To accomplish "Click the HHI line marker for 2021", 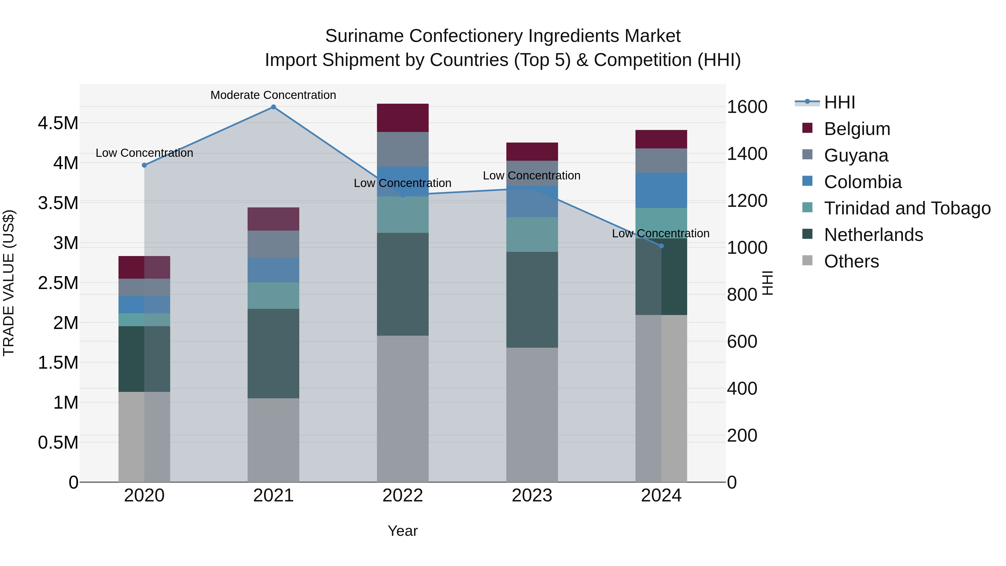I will tap(273, 107).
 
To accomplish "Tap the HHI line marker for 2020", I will tap(144, 165).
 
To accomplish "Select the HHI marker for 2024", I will tap(661, 246).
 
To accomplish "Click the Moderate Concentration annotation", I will tap(273, 95).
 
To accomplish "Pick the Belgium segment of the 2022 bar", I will tap(403, 118).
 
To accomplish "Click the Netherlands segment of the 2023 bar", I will tap(532, 300).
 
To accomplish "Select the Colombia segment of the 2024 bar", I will tap(661, 190).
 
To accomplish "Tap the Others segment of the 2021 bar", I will tap(273, 440).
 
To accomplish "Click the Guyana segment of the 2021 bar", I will tap(273, 244).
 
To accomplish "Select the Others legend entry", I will tap(851, 261).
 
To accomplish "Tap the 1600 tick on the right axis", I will tap(747, 107).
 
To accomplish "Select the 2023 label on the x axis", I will tap(532, 496).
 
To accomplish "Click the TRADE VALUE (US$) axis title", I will tap(9, 283).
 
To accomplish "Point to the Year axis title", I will tap(403, 531).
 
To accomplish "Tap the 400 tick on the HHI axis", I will tap(742, 389).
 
